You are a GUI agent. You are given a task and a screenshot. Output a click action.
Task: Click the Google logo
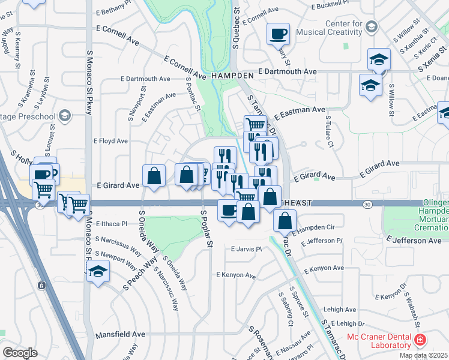point(20,352)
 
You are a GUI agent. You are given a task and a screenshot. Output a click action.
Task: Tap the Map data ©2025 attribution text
point(424,355)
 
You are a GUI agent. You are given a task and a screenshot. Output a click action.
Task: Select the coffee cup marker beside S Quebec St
point(278,34)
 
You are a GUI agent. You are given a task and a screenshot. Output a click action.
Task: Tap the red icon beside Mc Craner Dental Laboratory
point(421,340)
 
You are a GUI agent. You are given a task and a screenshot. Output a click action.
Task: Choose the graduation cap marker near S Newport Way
point(98,271)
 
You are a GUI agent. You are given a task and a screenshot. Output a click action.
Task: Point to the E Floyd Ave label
point(110,141)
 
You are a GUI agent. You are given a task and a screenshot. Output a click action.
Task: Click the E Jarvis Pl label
point(247,249)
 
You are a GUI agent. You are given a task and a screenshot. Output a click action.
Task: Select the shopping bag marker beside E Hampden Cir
point(285,220)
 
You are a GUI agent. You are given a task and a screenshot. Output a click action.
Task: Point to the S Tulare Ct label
point(329,136)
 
